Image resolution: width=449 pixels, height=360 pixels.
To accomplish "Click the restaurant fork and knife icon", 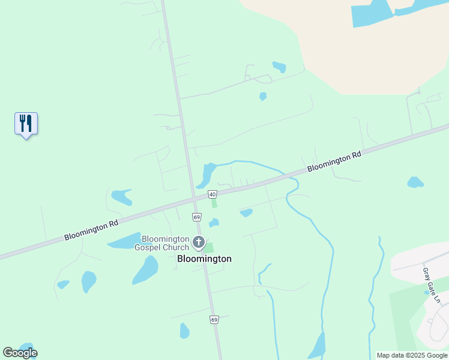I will click(26, 124).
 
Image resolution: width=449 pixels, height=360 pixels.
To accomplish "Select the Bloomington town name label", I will click(204, 259).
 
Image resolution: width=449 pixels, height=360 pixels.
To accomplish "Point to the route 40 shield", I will click(212, 194).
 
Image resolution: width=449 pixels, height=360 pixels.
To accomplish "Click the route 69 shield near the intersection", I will click(196, 216).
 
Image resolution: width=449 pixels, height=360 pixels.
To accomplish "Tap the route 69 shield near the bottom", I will click(214, 320).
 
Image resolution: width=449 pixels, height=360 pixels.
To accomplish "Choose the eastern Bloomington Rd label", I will click(334, 161).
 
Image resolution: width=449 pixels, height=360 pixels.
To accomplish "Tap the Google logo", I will click(20, 353).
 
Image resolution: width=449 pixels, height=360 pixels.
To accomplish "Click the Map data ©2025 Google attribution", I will click(412, 355).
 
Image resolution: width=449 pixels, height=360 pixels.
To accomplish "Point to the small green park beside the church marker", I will click(209, 247).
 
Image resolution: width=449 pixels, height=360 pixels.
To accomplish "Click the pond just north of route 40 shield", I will click(207, 174).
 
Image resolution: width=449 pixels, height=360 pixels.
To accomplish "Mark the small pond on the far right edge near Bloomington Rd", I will click(415, 182).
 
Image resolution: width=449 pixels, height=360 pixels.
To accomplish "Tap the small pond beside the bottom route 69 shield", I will click(184, 331).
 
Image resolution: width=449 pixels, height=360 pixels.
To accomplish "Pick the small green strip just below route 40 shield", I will click(214, 204).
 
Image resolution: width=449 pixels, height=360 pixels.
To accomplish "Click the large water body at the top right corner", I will click(372, 13).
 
